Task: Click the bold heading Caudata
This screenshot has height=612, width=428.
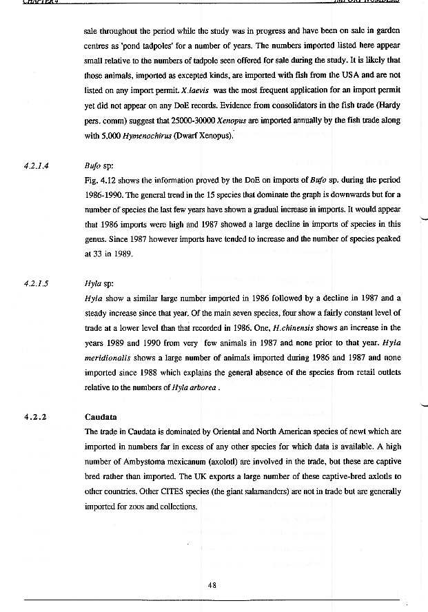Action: pos(101,417)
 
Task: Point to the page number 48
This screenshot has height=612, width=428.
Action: pos(212,584)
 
